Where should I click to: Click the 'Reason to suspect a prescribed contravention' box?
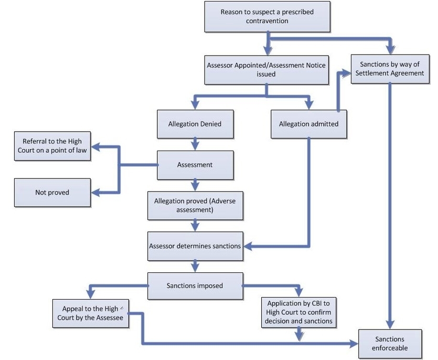(267, 16)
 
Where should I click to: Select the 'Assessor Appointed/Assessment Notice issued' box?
(266, 70)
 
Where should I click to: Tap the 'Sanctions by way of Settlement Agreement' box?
(389, 69)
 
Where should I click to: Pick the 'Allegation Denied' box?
(195, 124)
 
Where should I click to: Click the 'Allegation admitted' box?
(308, 124)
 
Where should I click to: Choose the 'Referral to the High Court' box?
(52, 146)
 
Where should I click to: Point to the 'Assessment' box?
(195, 165)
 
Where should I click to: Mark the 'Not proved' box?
(52, 193)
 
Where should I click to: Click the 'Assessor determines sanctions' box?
(195, 246)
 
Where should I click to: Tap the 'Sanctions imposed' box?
(195, 286)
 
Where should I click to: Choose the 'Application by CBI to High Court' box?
(298, 312)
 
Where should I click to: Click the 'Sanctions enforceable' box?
(390, 344)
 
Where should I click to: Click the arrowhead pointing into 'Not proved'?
(95, 193)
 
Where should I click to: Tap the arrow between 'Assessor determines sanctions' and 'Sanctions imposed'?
(195, 266)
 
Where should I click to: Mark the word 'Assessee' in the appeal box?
(110, 318)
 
